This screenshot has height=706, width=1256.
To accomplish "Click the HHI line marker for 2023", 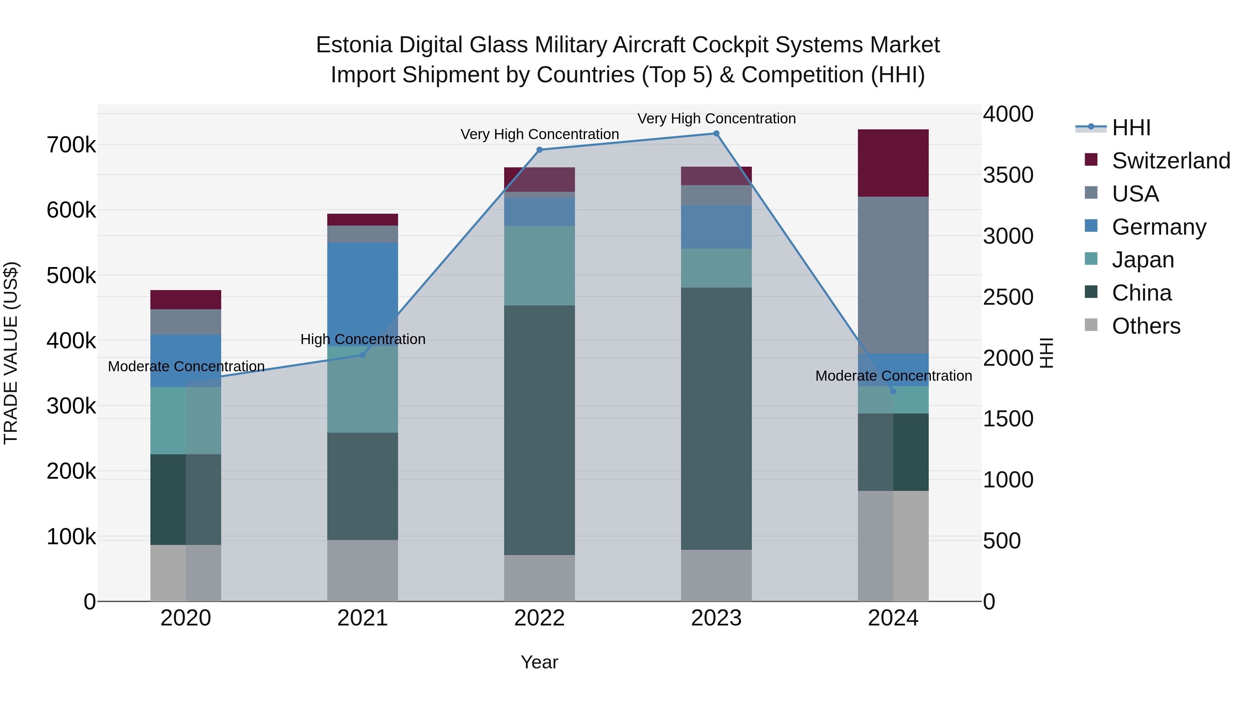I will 716,134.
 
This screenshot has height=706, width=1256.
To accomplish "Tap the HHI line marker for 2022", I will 539,150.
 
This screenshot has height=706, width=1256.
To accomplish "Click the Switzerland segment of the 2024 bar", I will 893,163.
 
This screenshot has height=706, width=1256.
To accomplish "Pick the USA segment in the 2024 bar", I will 893,275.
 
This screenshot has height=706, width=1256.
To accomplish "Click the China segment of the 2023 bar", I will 716,419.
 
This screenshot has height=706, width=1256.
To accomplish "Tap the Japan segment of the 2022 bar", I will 539,266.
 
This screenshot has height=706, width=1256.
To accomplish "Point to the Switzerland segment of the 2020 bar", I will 186,299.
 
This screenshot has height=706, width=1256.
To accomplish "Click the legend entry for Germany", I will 1158,227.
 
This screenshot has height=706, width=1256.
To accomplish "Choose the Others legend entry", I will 1145,326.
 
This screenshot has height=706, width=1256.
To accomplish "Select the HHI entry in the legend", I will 1131,128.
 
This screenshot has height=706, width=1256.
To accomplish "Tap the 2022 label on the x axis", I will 539,618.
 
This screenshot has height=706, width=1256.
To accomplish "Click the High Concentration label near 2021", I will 363,339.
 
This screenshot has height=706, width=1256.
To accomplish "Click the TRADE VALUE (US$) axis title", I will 11,353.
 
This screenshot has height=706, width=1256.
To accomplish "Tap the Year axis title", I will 539,662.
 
